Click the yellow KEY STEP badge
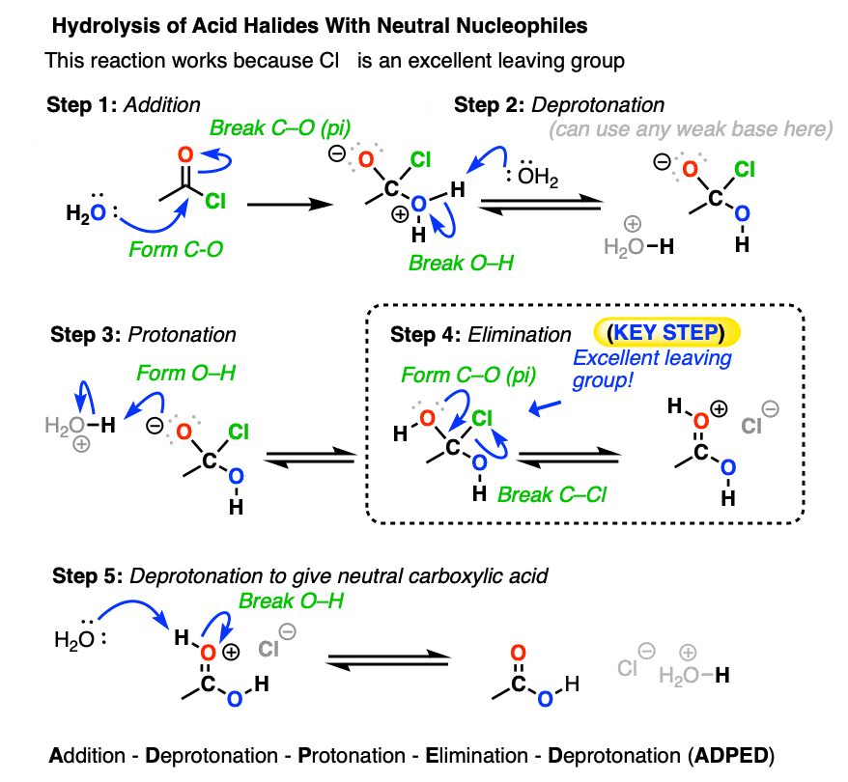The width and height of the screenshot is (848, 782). (x=666, y=332)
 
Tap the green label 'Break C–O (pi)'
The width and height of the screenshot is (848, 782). (x=280, y=128)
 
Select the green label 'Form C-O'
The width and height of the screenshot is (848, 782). (x=176, y=249)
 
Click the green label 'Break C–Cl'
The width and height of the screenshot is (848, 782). (x=551, y=494)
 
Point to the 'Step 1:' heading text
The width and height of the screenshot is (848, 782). (x=82, y=105)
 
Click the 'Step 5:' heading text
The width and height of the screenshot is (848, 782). (x=88, y=576)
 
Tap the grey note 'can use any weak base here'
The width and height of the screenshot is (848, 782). (x=691, y=129)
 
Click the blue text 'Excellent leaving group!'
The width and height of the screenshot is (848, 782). (x=652, y=369)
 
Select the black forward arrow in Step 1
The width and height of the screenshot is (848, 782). (x=290, y=205)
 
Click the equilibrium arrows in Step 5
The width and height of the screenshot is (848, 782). (x=387, y=660)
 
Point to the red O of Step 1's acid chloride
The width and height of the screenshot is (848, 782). (x=185, y=154)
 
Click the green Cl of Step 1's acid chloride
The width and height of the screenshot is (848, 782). (x=214, y=202)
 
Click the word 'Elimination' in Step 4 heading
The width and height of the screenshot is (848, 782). (x=520, y=335)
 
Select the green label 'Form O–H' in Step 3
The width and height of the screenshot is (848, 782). (x=185, y=373)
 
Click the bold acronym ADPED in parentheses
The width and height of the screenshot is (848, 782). (x=731, y=756)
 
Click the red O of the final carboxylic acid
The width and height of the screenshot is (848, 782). (x=518, y=653)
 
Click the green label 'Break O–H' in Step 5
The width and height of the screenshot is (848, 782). (x=291, y=600)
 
